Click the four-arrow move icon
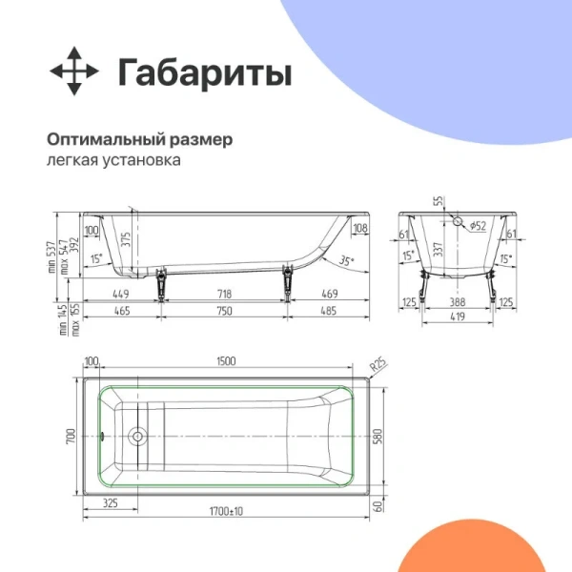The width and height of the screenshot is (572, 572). click(x=73, y=72)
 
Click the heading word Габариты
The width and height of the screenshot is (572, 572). click(x=204, y=72)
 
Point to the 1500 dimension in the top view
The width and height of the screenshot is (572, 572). click(x=225, y=361)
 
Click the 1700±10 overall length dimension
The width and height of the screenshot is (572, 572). click(x=225, y=512)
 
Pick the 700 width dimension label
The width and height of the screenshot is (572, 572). click(x=70, y=439)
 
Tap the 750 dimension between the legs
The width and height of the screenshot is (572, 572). click(x=224, y=311)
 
